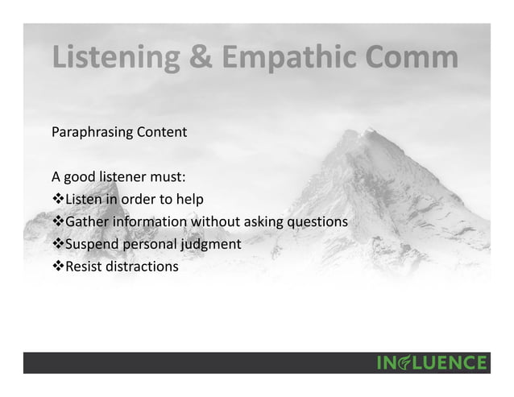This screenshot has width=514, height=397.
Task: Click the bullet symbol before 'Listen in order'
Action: pyautogui.click(x=57, y=199)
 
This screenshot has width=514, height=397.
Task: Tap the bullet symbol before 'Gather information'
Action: pyautogui.click(x=57, y=221)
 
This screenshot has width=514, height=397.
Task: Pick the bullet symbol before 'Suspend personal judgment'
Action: pyautogui.click(x=57, y=243)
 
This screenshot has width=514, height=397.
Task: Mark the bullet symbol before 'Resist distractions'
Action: pyautogui.click(x=57, y=265)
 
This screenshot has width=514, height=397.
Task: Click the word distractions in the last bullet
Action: pyautogui.click(x=143, y=265)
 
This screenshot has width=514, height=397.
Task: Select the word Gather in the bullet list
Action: pyautogui.click(x=86, y=221)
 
